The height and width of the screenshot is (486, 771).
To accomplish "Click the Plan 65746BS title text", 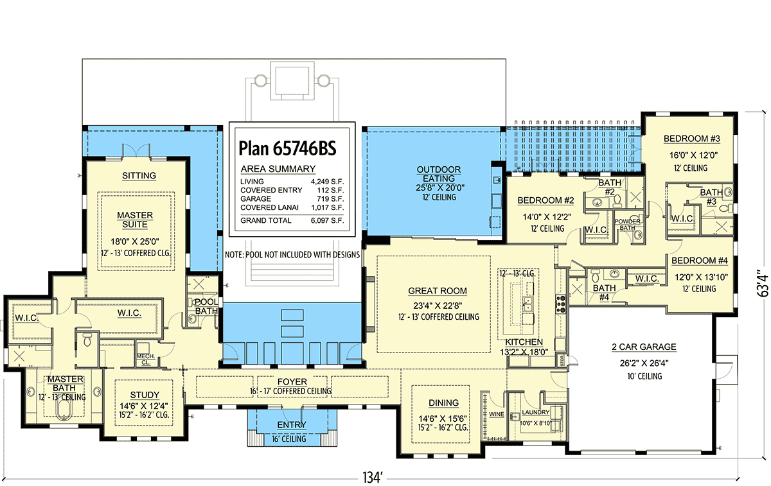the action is [x=287, y=148].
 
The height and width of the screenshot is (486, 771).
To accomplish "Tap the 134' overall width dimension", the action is [x=373, y=478].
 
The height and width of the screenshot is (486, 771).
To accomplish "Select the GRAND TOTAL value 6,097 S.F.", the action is [x=327, y=220].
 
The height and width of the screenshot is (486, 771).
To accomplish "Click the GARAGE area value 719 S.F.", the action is [x=330, y=199].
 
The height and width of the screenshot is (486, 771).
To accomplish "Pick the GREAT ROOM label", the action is [x=438, y=291].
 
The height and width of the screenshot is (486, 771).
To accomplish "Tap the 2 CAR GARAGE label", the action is [x=644, y=347].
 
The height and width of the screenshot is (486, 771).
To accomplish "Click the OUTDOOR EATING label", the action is [x=439, y=174].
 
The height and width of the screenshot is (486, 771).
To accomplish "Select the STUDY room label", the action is [x=145, y=395].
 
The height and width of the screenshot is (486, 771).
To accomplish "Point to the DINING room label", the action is [x=443, y=403].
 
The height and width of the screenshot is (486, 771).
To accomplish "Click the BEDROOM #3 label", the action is [x=692, y=139].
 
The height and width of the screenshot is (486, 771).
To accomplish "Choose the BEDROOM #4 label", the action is [x=700, y=261].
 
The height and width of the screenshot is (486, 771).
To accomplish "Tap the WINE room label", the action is [x=496, y=415].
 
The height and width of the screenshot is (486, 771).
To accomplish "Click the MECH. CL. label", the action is [x=146, y=359].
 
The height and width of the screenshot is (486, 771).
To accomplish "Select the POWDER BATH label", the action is [x=627, y=224].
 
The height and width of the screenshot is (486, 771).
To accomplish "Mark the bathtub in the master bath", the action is [x=63, y=413].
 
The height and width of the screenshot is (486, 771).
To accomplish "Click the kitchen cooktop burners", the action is [x=561, y=304].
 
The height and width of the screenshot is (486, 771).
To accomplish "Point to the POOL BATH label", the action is [x=206, y=306].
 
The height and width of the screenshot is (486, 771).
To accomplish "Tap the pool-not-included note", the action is [x=292, y=255].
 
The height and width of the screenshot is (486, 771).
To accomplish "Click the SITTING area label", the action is [x=139, y=176].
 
